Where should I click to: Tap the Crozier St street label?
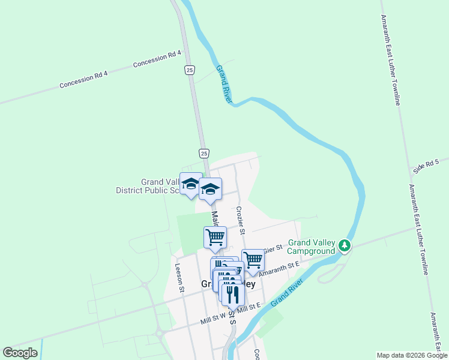coord(240,220)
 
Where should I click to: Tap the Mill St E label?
coord(249,307)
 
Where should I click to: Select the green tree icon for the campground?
coord(344,245)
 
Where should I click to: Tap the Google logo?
coord(20,353)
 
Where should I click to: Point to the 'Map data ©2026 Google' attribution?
coord(412,355)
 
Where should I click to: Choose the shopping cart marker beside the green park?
coord(215,237)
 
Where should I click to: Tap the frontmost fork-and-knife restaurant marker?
coord(233,293)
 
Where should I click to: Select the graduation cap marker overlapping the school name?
coord(191,184)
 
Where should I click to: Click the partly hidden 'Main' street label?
coord(214,214)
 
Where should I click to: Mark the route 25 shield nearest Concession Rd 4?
coord(189,70)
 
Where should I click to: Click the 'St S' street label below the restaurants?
coord(232,319)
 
